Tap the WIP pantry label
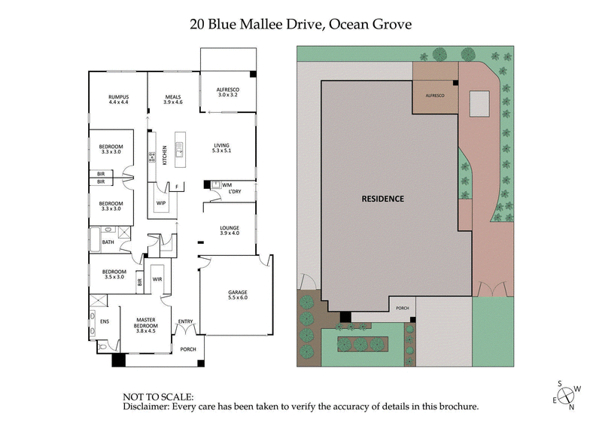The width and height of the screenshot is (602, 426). (x=161, y=203)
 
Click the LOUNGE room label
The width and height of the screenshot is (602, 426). (x=229, y=230)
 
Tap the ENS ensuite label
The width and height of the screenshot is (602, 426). (x=105, y=321)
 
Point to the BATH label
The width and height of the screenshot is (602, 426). (x=108, y=242)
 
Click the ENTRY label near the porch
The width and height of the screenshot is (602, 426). (x=185, y=323)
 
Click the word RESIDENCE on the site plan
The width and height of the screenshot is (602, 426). (x=383, y=199)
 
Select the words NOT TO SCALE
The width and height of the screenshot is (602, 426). (x=158, y=396)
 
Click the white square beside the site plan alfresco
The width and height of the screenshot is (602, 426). (x=480, y=104)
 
